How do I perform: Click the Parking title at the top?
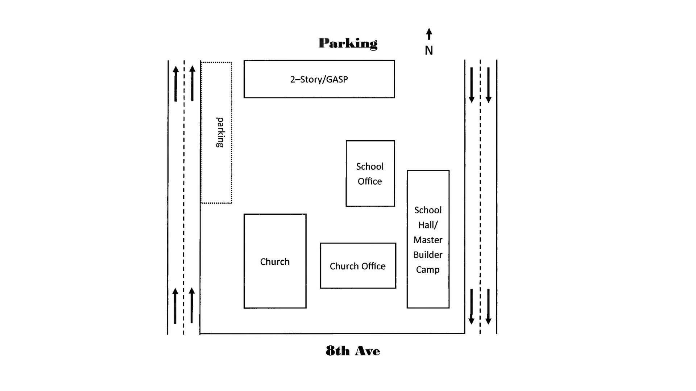tap(348, 43)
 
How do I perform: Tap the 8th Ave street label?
tap(353, 351)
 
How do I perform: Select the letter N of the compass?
tap(429, 51)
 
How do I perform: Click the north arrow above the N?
tap(429, 34)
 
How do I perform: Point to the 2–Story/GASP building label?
tap(319, 79)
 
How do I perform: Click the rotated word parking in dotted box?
tap(220, 132)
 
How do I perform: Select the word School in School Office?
tap(370, 167)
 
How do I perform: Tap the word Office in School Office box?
tap(370, 181)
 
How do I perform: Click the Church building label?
tap(275, 262)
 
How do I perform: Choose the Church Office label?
tap(357, 266)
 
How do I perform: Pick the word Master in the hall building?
tap(428, 240)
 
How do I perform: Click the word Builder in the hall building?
tap(428, 255)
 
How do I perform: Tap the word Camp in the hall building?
tap(428, 270)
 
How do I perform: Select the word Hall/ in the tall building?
tap(428, 225)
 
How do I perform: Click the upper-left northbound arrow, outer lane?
tap(176, 84)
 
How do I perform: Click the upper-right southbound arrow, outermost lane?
tap(488, 85)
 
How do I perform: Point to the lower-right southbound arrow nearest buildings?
tap(471, 306)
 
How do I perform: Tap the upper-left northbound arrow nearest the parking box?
tap(192, 84)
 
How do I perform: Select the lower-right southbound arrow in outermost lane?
tap(488, 306)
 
